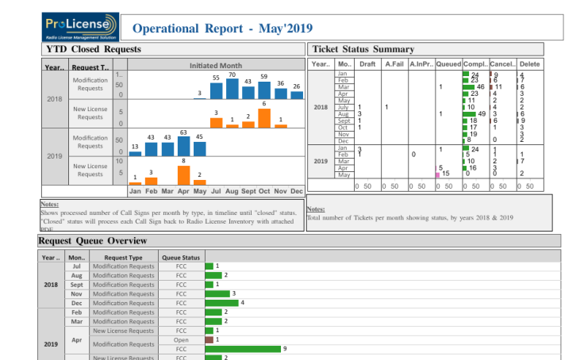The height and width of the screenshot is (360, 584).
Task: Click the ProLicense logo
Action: click(x=80, y=26)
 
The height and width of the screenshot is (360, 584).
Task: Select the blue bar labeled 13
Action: click(x=135, y=152)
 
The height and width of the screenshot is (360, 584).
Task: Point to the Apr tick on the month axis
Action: click(x=183, y=191)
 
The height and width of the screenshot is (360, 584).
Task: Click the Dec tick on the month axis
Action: click(x=297, y=191)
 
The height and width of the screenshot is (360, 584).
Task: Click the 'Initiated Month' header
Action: click(x=216, y=65)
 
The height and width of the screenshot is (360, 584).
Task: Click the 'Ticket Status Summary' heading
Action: click(x=363, y=49)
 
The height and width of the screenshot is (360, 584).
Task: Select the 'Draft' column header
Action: click(x=367, y=64)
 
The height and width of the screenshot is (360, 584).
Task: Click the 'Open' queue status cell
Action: click(x=181, y=339)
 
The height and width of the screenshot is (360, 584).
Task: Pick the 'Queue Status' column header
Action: click(x=181, y=257)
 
